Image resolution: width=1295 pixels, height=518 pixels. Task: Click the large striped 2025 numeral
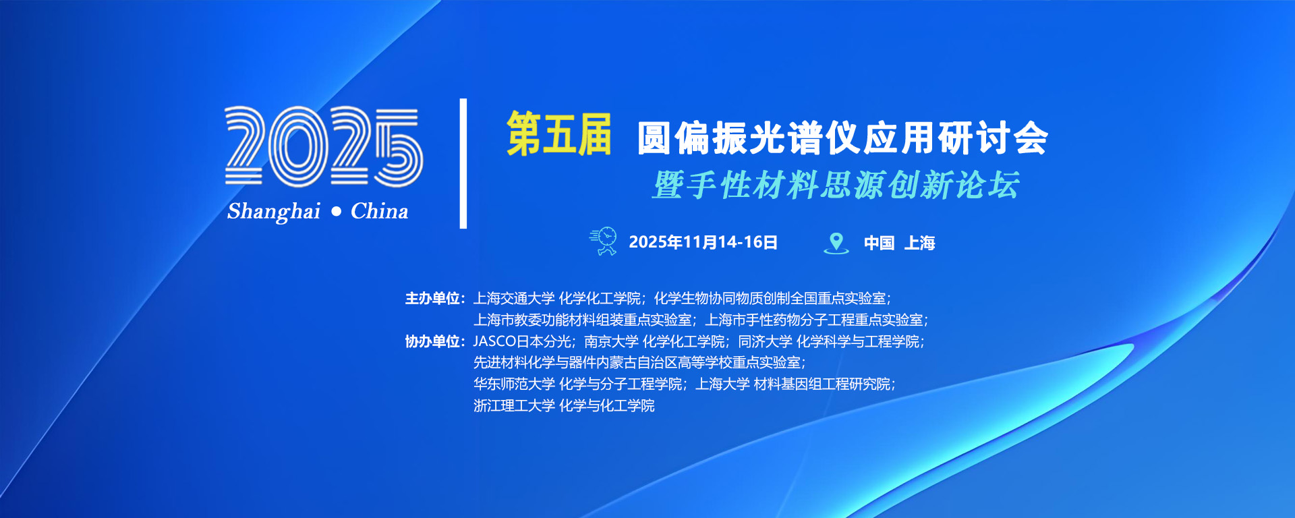(324, 146)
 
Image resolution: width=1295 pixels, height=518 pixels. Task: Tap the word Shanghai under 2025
(274, 212)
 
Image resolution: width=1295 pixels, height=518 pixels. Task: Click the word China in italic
(379, 211)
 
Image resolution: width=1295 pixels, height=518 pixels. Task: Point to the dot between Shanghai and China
(337, 212)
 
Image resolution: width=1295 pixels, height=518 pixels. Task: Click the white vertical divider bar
(463, 163)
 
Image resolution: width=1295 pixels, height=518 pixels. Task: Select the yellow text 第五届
(559, 134)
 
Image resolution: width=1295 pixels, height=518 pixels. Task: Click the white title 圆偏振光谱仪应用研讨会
(842, 138)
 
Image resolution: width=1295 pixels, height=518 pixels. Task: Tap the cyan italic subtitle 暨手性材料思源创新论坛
(836, 185)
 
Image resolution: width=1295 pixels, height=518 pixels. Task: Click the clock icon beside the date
(604, 241)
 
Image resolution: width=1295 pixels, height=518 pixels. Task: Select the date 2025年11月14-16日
(703, 242)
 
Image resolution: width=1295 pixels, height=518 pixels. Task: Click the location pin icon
(836, 243)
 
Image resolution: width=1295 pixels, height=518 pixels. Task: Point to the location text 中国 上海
(899, 243)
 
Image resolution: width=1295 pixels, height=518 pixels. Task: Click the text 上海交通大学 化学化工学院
(557, 298)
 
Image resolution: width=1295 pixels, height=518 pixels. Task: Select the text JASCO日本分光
(522, 341)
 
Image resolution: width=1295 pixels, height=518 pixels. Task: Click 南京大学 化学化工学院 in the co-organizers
(654, 341)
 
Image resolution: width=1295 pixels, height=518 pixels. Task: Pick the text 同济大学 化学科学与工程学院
(829, 341)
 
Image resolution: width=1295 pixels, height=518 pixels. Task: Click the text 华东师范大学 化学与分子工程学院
(578, 384)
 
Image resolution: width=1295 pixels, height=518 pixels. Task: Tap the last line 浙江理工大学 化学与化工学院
(564, 405)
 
